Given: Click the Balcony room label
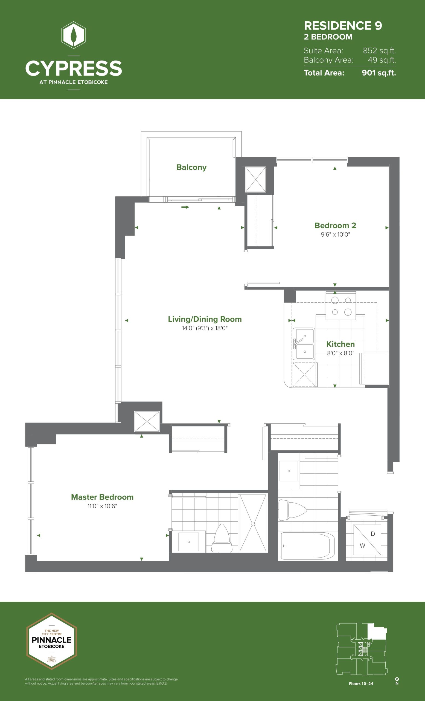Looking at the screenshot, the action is click(x=191, y=167).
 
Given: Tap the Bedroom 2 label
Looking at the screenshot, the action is click(x=335, y=225).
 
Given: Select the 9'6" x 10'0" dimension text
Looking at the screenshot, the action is click(x=335, y=234).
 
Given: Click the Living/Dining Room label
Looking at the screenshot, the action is click(x=205, y=319).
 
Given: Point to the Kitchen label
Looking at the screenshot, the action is click(x=340, y=344).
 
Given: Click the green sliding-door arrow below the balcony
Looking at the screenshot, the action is click(x=185, y=207).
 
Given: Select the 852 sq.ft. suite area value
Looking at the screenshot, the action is click(x=379, y=51).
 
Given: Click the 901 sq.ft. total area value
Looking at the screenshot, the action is click(x=379, y=73).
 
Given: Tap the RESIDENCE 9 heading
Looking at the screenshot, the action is click(x=343, y=26).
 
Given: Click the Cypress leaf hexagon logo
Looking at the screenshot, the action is click(x=74, y=35).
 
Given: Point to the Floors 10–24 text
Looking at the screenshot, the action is click(x=361, y=684).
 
